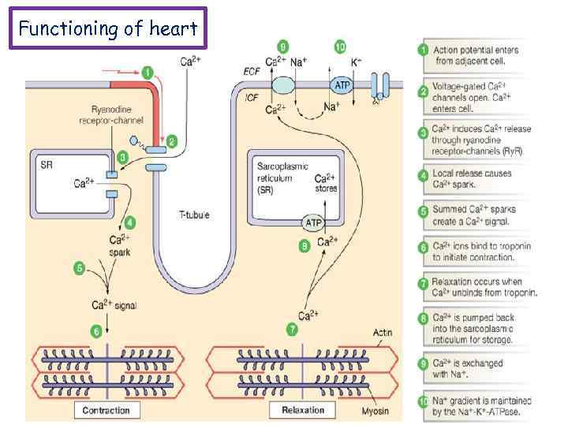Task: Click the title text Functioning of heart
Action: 108,29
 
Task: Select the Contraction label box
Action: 106,410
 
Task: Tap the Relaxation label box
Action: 302,410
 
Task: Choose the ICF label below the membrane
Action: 251,98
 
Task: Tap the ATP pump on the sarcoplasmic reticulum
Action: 314,223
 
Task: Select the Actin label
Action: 382,332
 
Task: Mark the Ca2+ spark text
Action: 120,246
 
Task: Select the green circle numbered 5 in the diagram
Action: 79,268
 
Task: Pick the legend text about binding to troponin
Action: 481,252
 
